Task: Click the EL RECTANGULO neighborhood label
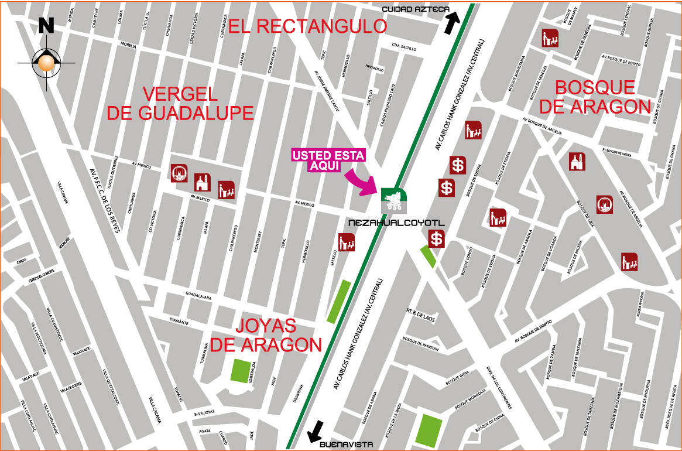click(x=307, y=26)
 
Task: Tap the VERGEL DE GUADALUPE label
click(x=180, y=104)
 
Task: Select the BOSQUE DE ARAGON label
click(x=595, y=97)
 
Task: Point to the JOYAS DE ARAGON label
click(x=266, y=336)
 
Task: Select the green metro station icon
click(x=394, y=200)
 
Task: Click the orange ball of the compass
click(x=46, y=63)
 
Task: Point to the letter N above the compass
click(x=46, y=25)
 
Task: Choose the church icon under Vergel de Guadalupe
click(x=203, y=182)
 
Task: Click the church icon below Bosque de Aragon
click(x=577, y=161)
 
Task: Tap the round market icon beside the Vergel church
click(x=179, y=173)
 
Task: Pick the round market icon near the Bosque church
click(x=605, y=204)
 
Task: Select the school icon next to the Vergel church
click(x=226, y=190)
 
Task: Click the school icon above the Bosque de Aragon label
click(x=550, y=38)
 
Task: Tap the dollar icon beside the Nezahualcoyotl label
click(x=436, y=239)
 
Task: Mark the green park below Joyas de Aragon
click(x=241, y=371)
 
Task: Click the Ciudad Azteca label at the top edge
click(x=416, y=9)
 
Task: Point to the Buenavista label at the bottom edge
click(x=349, y=444)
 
